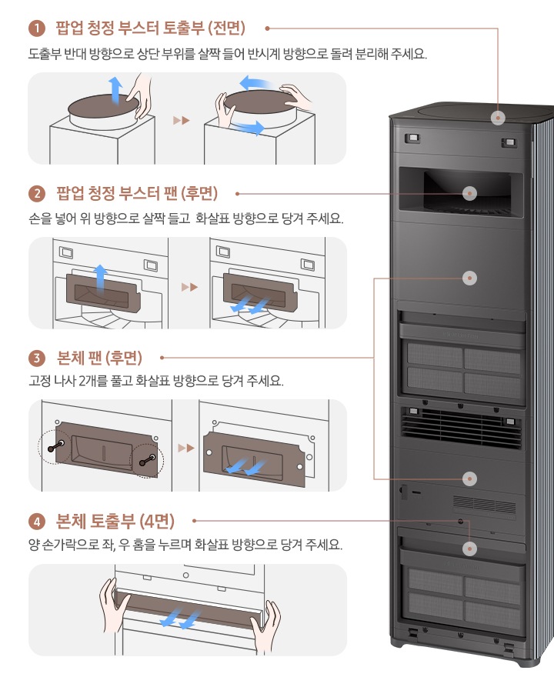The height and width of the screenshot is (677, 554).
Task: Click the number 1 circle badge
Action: point(35,29)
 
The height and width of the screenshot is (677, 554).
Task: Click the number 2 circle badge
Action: point(35,192)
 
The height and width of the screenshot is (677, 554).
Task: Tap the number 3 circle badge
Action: point(35,358)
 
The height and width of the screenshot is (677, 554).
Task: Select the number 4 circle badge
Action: point(35,522)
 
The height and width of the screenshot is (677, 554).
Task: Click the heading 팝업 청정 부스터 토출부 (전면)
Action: point(151,29)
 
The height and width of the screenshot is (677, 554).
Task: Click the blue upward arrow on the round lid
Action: point(114,88)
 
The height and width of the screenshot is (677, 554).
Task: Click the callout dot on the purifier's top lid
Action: point(499,118)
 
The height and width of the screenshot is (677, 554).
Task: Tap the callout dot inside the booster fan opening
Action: point(469,193)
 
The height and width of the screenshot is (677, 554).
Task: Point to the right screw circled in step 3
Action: point(148,460)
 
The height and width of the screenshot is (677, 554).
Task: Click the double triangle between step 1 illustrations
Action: point(181,121)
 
